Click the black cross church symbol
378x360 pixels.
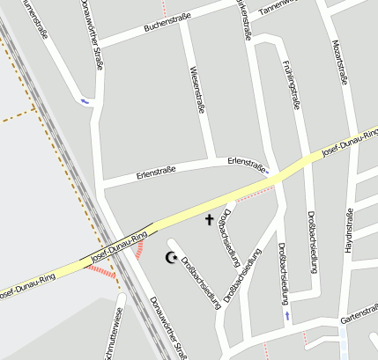210,219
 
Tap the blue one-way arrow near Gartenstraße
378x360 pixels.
285,314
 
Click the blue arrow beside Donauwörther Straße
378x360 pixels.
85,100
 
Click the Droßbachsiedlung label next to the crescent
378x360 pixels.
199,281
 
